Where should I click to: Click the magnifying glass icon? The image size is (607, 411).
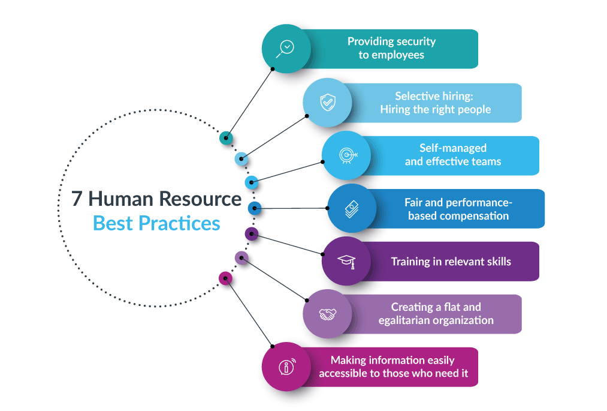click(x=285, y=49)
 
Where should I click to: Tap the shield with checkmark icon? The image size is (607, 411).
click(x=328, y=103)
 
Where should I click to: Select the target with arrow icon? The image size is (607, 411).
click(x=348, y=155)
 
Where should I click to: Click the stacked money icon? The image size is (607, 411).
click(x=352, y=209)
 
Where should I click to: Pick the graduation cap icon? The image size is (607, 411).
click(x=346, y=262)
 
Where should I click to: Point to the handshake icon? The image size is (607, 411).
click(x=328, y=314)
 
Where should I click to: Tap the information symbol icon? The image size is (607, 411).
click(x=287, y=367)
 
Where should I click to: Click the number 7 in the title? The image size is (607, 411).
click(x=77, y=199)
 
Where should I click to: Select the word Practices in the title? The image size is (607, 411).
click(x=179, y=223)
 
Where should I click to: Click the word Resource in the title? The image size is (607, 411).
click(x=200, y=199)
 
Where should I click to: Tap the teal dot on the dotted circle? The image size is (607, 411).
click(x=226, y=138)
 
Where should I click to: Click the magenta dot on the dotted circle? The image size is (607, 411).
click(x=225, y=278)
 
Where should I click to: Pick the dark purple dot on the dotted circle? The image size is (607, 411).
click(x=252, y=234)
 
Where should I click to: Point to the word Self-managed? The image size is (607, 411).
click(x=453, y=148)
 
